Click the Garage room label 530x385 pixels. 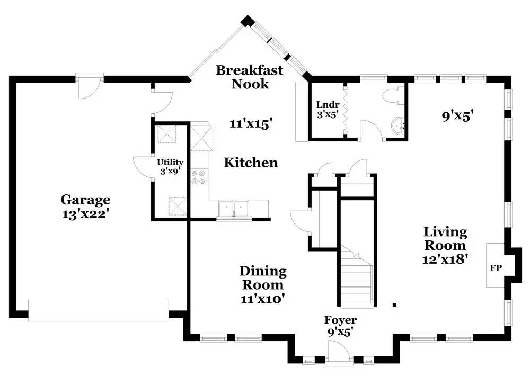[x=85, y=200]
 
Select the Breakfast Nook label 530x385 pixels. [x=250, y=77]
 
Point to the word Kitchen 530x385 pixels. [x=251, y=163]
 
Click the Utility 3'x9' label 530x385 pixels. [x=170, y=166]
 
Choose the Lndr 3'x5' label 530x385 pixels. [x=328, y=109]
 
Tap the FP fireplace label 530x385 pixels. [x=496, y=268]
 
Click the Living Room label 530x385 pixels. [x=445, y=239]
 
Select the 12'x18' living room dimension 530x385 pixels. [x=445, y=259]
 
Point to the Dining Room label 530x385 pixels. [x=263, y=278]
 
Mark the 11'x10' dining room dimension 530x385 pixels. [x=263, y=298]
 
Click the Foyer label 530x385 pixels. [x=340, y=320]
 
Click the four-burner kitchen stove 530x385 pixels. [x=199, y=177]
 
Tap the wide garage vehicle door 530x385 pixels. [x=99, y=310]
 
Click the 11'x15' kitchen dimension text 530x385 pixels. [x=251, y=124]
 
